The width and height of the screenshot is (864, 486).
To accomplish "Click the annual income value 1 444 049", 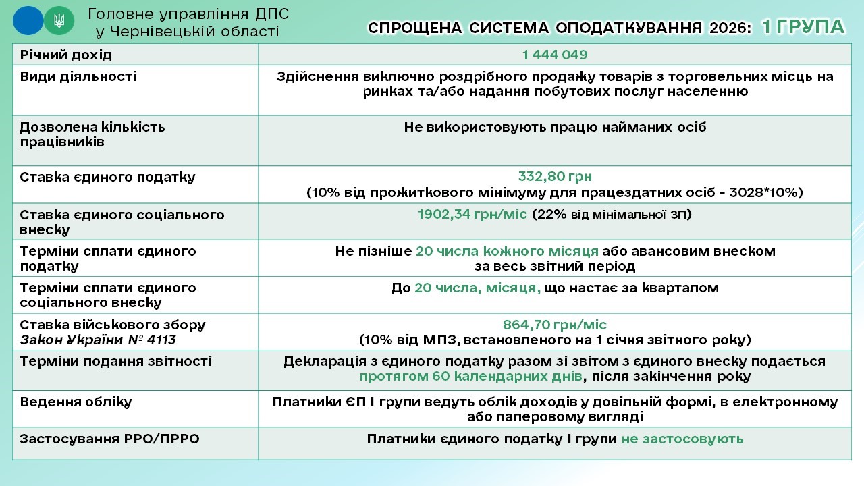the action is tap(555, 55).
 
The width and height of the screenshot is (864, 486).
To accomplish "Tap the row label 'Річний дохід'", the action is tap(66, 55).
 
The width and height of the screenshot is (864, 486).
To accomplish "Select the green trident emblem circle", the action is tap(59, 21).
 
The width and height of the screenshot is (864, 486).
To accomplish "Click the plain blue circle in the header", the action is tap(28, 21).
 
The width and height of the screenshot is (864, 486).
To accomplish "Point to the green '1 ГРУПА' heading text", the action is tap(803, 27).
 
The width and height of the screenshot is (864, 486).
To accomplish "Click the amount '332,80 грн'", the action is tap(555, 176).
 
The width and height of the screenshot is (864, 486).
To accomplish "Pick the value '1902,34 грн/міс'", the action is tap(472, 214).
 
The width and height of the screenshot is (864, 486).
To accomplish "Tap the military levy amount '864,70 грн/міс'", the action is tap(555, 325).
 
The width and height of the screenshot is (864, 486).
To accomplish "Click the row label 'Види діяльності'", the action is tap(78, 76).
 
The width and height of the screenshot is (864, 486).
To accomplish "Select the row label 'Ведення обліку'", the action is tap(76, 402).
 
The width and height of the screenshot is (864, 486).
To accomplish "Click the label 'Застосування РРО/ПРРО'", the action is tap(109, 439).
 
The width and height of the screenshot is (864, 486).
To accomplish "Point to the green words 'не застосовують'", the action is tap(682, 439).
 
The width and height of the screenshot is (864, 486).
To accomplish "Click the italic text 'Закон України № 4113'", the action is tap(98, 340).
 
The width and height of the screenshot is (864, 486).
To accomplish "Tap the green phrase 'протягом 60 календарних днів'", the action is tap(471, 376).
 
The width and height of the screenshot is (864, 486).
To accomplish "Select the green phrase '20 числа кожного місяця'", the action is tap(507, 252).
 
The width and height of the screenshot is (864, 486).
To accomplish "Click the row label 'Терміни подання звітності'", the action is tap(116, 361).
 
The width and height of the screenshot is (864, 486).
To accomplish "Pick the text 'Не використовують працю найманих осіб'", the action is tap(555, 128).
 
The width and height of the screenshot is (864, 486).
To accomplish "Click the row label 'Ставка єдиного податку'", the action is tap(107, 178).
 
